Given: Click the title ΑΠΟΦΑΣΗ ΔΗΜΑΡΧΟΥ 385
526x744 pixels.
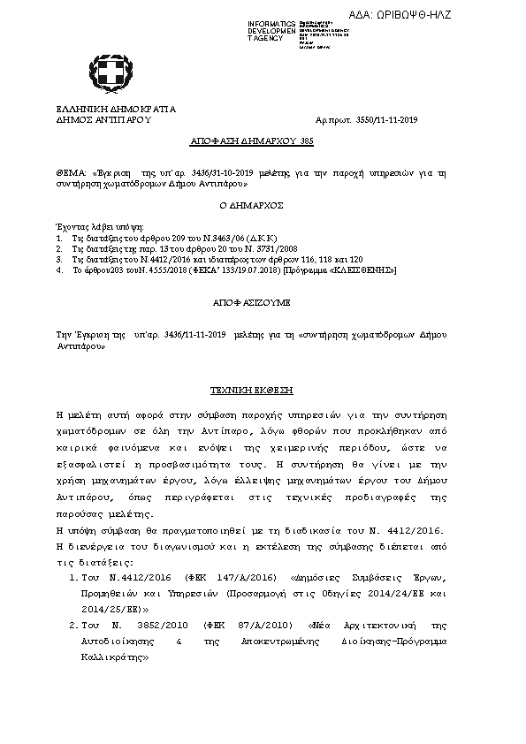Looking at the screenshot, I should pyautogui.click(x=252, y=140).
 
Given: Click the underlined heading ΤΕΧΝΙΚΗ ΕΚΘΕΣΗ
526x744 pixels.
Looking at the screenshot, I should pyautogui.click(x=251, y=390).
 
